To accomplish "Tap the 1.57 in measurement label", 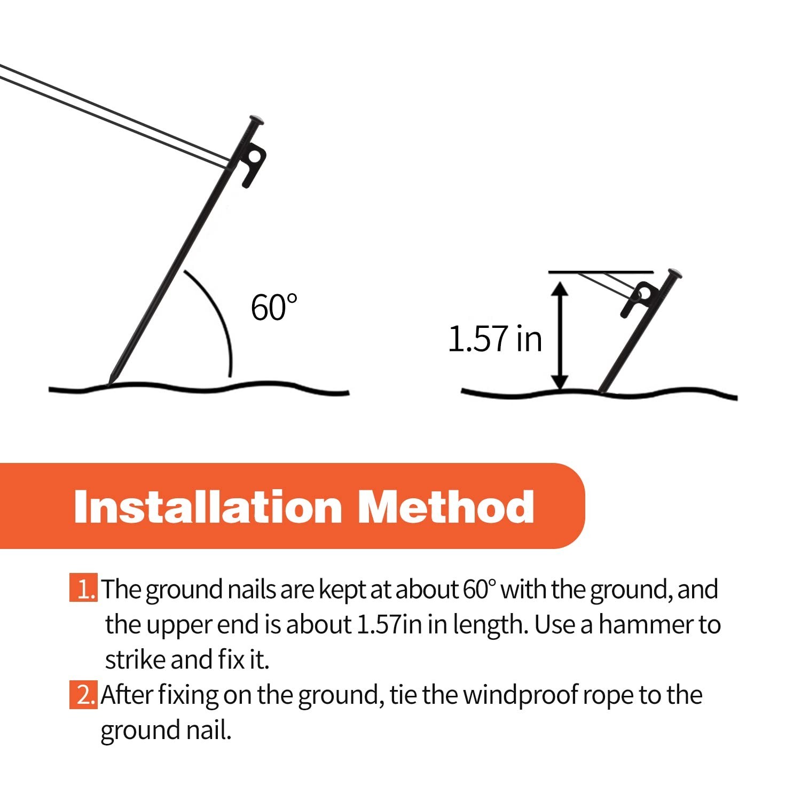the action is tap(494, 339).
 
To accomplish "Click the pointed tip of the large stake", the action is tap(109, 381).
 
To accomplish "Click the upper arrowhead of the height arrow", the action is tap(559, 289).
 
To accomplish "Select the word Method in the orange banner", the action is tap(446, 507).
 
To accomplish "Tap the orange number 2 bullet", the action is tap(83, 695).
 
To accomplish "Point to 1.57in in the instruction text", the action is tap(388, 624).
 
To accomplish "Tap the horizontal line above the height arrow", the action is tap(601, 272).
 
